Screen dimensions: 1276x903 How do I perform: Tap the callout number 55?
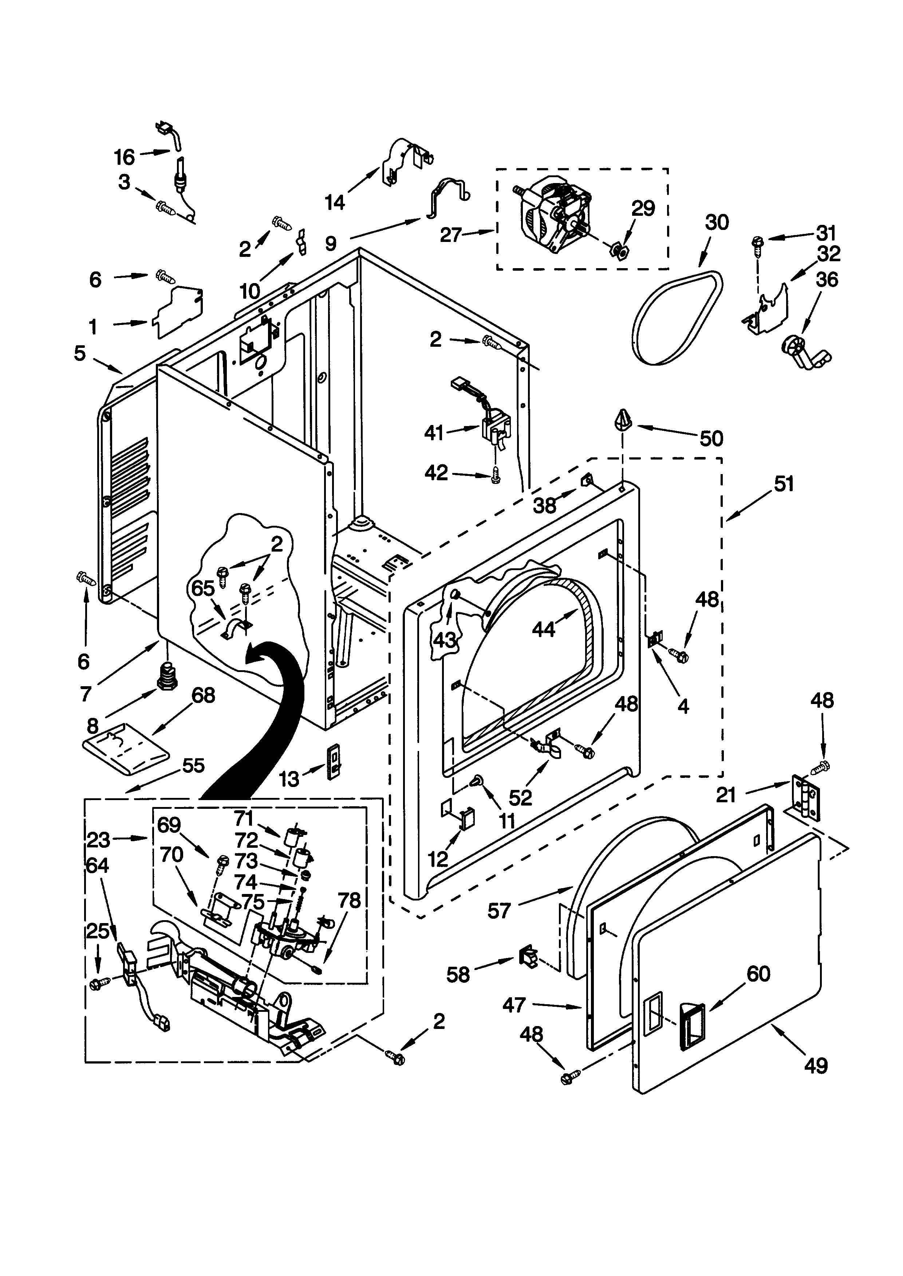tap(193, 766)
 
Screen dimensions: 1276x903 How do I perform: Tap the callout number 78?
tap(349, 900)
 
